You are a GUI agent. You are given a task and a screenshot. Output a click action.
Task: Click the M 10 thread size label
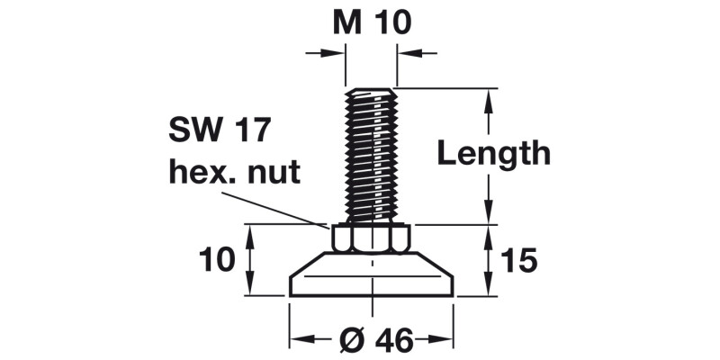(x=372, y=22)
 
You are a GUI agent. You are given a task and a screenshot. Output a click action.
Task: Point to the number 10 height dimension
(x=217, y=260)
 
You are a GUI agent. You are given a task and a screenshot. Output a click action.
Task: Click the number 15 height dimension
(x=518, y=261)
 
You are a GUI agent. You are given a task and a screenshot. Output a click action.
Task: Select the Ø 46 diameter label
(x=371, y=341)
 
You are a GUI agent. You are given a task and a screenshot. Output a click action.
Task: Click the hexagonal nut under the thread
(x=371, y=238)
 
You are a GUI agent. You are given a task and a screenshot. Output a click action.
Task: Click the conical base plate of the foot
(x=371, y=274)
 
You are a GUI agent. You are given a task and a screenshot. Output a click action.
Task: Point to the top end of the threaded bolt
(x=371, y=91)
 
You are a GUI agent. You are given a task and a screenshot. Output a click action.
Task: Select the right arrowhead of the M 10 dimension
(x=404, y=53)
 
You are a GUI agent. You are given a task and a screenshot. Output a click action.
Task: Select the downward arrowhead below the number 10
(x=251, y=286)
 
